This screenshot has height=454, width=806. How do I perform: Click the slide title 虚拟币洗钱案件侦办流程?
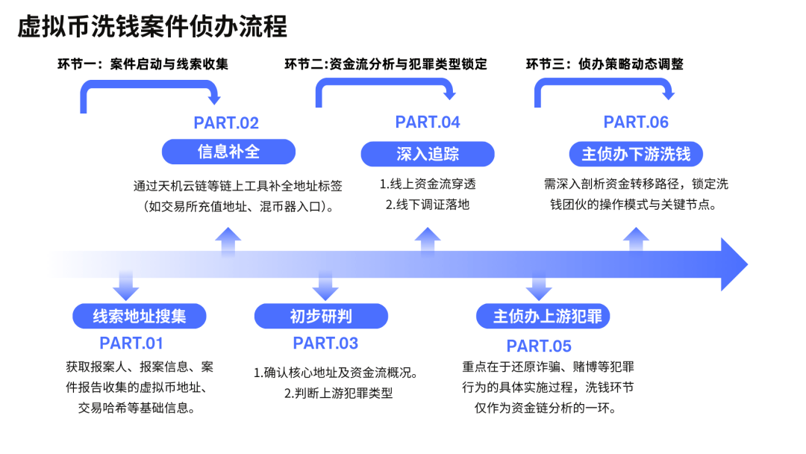pos(153,27)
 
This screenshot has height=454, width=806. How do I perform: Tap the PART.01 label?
pos(131,343)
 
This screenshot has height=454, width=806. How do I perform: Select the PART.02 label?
pos(226,123)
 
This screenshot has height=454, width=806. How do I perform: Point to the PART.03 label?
pos(325,343)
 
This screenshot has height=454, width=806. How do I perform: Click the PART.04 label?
pos(428,122)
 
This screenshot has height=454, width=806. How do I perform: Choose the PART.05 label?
pos(539,346)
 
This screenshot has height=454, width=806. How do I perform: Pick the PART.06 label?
pos(636,122)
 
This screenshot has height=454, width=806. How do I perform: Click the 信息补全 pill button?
pos(228,152)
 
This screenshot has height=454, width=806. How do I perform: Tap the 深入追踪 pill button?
pos(428,154)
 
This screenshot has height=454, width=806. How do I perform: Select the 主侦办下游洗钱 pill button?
pos(636,154)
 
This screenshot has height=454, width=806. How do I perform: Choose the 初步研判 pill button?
pos(321,316)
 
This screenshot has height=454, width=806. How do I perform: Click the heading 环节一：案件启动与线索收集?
pos(143,64)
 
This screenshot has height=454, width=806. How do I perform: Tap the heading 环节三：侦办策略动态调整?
pos(604,64)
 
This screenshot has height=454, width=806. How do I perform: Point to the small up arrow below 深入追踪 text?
pos(428,239)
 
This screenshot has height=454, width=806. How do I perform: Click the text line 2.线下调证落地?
pos(428,204)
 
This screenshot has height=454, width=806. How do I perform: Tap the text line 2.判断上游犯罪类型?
pos(338,393)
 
